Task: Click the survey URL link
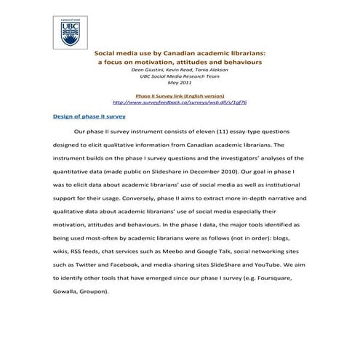(x=180, y=102)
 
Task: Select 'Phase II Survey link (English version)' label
(x=180, y=95)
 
